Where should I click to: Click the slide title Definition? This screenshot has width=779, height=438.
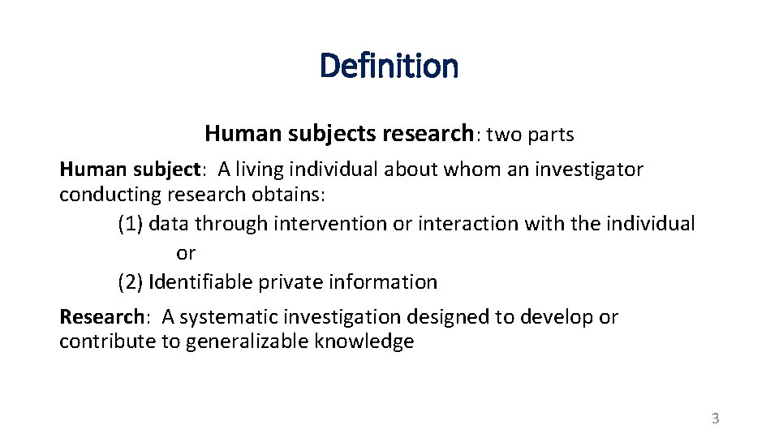pos(389,66)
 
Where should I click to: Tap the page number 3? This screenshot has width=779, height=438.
pos(715,419)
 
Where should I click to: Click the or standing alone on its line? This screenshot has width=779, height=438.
pos(186,253)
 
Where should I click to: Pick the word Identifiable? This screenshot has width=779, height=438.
pos(200,282)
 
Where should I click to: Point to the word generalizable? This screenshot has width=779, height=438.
pos(247,341)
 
